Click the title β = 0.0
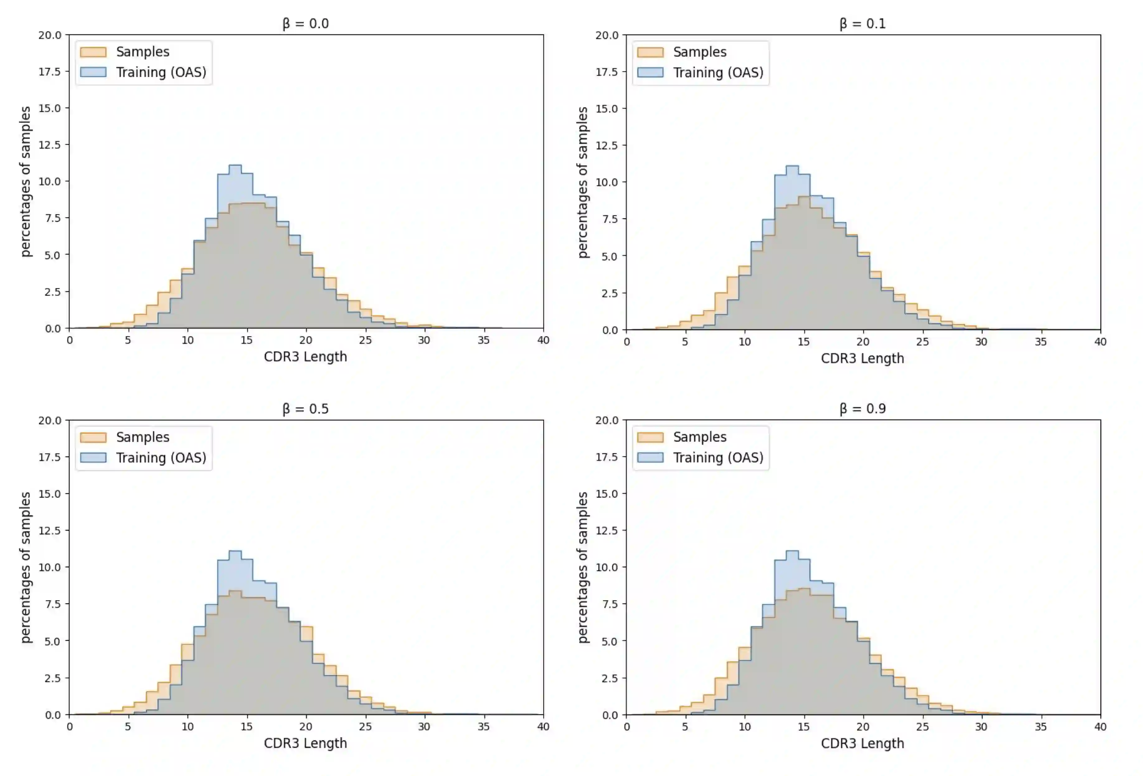coord(305,24)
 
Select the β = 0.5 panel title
coord(305,409)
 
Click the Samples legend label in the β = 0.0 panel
coord(143,52)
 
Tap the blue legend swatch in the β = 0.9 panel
coord(650,458)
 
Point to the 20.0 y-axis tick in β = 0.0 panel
coord(50,35)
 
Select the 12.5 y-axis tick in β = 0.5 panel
coord(50,531)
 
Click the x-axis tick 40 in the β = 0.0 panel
coord(543,340)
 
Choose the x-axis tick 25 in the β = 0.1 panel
coord(922,342)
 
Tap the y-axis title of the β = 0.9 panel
coord(583,567)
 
